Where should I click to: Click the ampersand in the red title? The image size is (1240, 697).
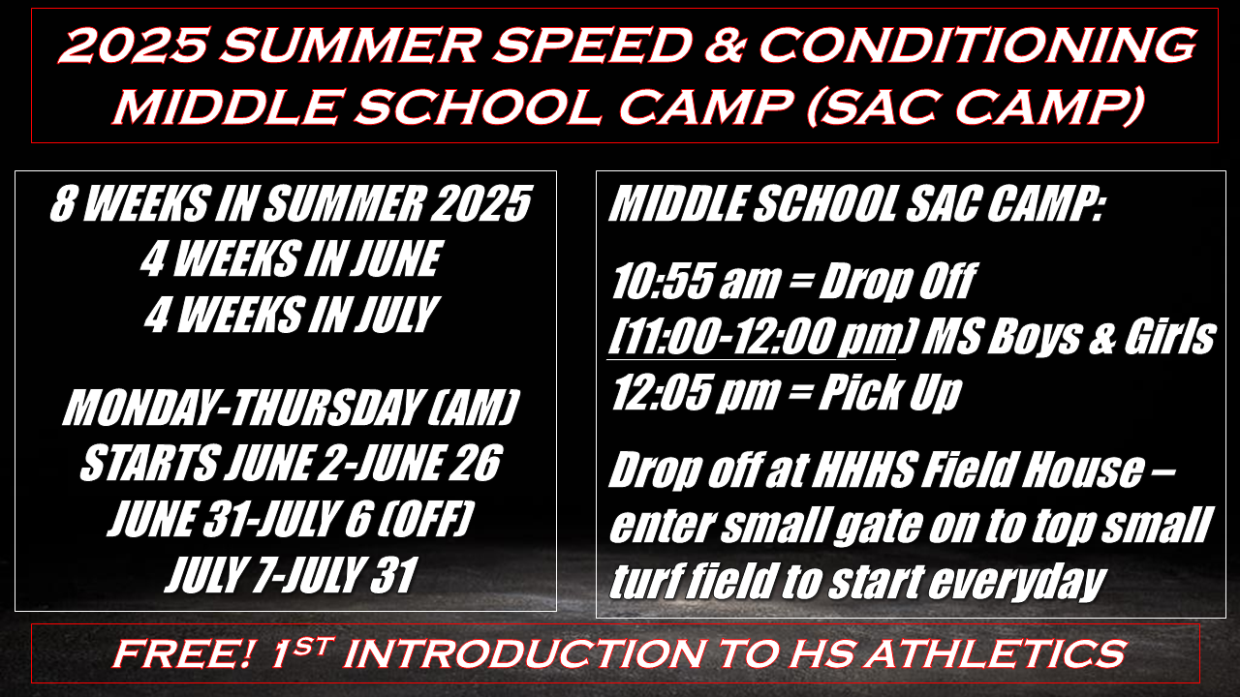click(x=723, y=45)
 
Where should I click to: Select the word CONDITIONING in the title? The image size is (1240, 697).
click(x=976, y=45)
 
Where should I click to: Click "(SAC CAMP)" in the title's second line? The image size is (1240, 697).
click(x=976, y=107)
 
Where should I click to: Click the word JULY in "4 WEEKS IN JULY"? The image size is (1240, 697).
click(x=396, y=315)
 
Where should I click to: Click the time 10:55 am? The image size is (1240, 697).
click(x=696, y=281)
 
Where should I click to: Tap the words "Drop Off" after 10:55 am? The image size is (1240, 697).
click(x=897, y=281)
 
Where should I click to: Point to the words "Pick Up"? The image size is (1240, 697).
click(x=889, y=393)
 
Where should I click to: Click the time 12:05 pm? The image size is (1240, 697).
click(x=696, y=393)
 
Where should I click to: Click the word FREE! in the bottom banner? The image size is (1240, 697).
click(x=184, y=653)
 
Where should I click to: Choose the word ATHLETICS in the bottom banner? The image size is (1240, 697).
click(x=996, y=653)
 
